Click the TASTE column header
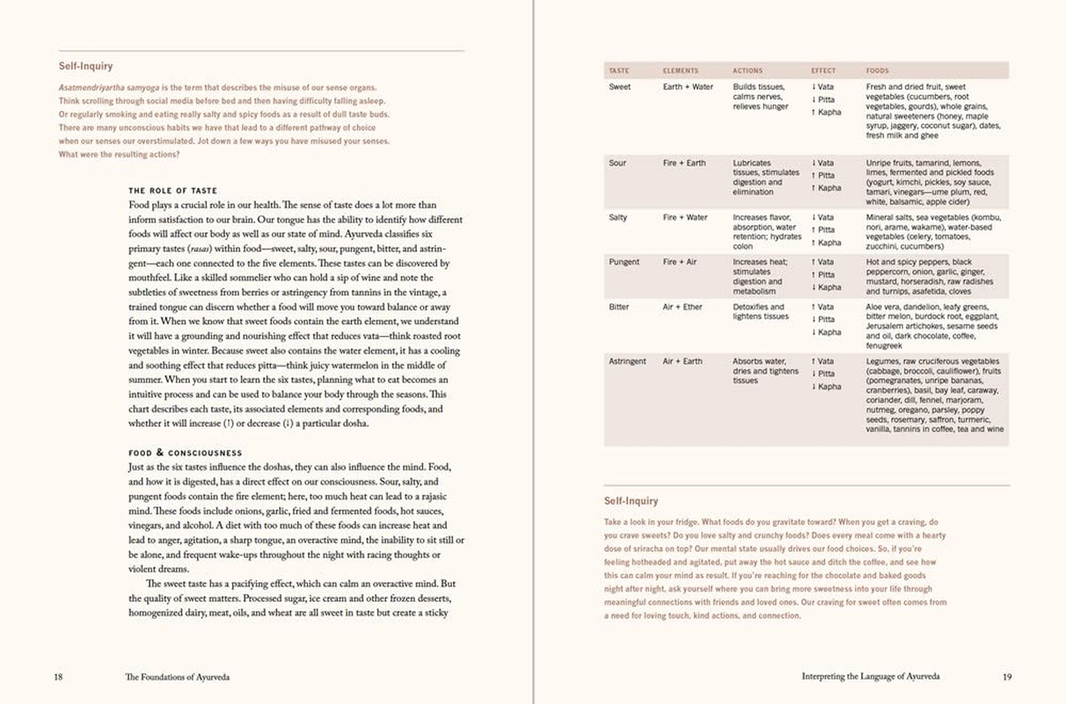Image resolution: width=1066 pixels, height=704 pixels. (618, 70)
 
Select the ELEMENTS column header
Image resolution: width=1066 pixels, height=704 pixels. (680, 70)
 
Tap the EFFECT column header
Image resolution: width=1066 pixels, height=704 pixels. (823, 70)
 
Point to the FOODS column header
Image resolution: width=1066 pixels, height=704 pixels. (877, 70)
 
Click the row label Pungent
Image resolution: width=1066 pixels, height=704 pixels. (624, 262)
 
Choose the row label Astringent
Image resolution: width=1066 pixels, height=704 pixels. (627, 361)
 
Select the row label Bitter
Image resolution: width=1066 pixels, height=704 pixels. (618, 307)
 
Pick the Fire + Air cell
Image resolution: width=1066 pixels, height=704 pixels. (681, 262)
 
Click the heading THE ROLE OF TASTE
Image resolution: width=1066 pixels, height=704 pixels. (172, 191)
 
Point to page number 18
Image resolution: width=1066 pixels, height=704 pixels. (58, 677)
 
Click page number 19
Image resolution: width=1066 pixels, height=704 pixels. (1007, 677)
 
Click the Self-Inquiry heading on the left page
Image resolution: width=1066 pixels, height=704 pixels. (85, 66)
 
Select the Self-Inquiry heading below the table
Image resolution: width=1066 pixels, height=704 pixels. (631, 501)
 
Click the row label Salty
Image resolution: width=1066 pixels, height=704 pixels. (618, 217)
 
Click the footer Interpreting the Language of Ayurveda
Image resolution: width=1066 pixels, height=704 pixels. (871, 677)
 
